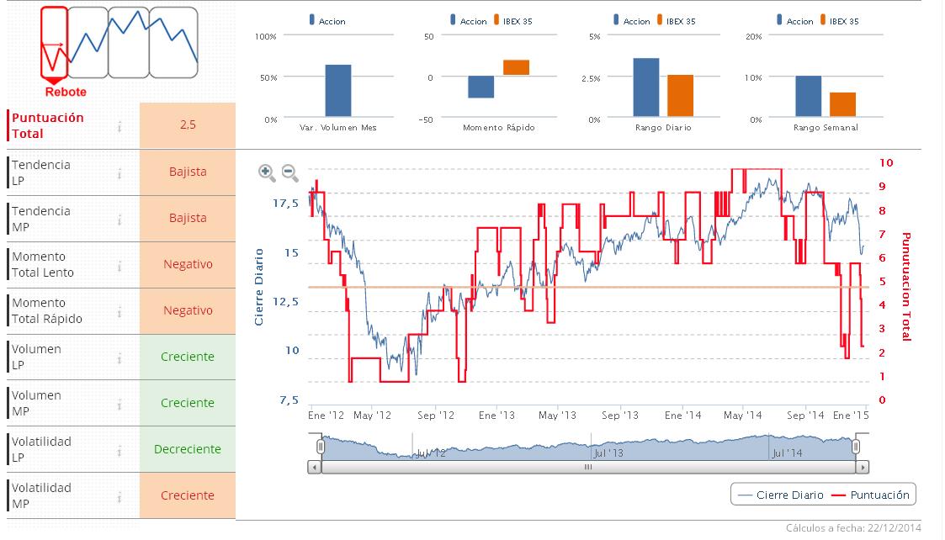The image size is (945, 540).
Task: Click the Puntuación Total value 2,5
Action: click(188, 124)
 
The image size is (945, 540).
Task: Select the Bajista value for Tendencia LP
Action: click(188, 172)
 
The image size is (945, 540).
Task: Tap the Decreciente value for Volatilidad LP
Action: click(188, 449)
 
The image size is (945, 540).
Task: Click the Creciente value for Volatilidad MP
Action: click(188, 495)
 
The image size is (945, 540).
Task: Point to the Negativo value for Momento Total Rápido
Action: click(188, 310)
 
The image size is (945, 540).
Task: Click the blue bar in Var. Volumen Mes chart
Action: click(337, 91)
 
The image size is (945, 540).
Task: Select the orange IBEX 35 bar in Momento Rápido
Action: click(516, 67)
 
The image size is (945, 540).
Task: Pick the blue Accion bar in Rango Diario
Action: click(646, 87)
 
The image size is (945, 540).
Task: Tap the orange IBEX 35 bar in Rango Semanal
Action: click(842, 104)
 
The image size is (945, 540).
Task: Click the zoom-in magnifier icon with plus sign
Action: click(267, 173)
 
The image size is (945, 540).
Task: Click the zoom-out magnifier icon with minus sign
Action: click(289, 173)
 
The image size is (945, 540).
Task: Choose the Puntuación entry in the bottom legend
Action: click(871, 495)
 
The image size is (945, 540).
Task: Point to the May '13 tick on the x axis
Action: click(557, 416)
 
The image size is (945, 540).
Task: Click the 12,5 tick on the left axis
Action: click(289, 301)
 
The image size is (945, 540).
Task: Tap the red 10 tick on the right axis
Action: click(886, 162)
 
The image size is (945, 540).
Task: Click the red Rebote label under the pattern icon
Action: click(66, 92)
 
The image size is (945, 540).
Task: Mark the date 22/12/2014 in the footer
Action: click(898, 528)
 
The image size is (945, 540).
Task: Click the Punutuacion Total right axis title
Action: click(906, 287)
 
